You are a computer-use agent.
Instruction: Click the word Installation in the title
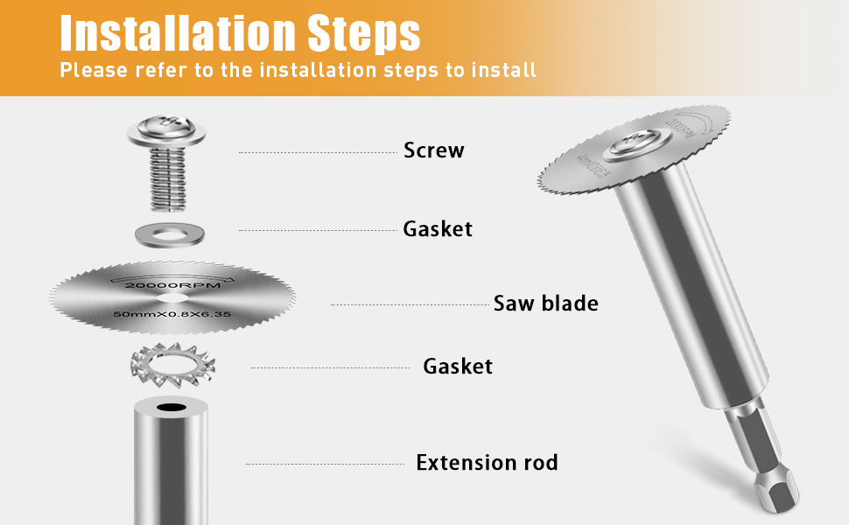pyautogui.click(x=175, y=33)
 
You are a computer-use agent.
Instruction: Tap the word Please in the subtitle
pyautogui.click(x=93, y=70)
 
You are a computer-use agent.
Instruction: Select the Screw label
pyautogui.click(x=433, y=150)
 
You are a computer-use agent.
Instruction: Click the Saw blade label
pyautogui.click(x=545, y=304)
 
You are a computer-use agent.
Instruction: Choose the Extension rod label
pyautogui.click(x=487, y=463)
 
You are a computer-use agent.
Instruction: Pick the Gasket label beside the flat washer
pyautogui.click(x=437, y=229)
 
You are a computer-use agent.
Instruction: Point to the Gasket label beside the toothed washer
pyautogui.click(x=457, y=366)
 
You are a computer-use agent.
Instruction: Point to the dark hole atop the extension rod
pyautogui.click(x=171, y=409)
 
